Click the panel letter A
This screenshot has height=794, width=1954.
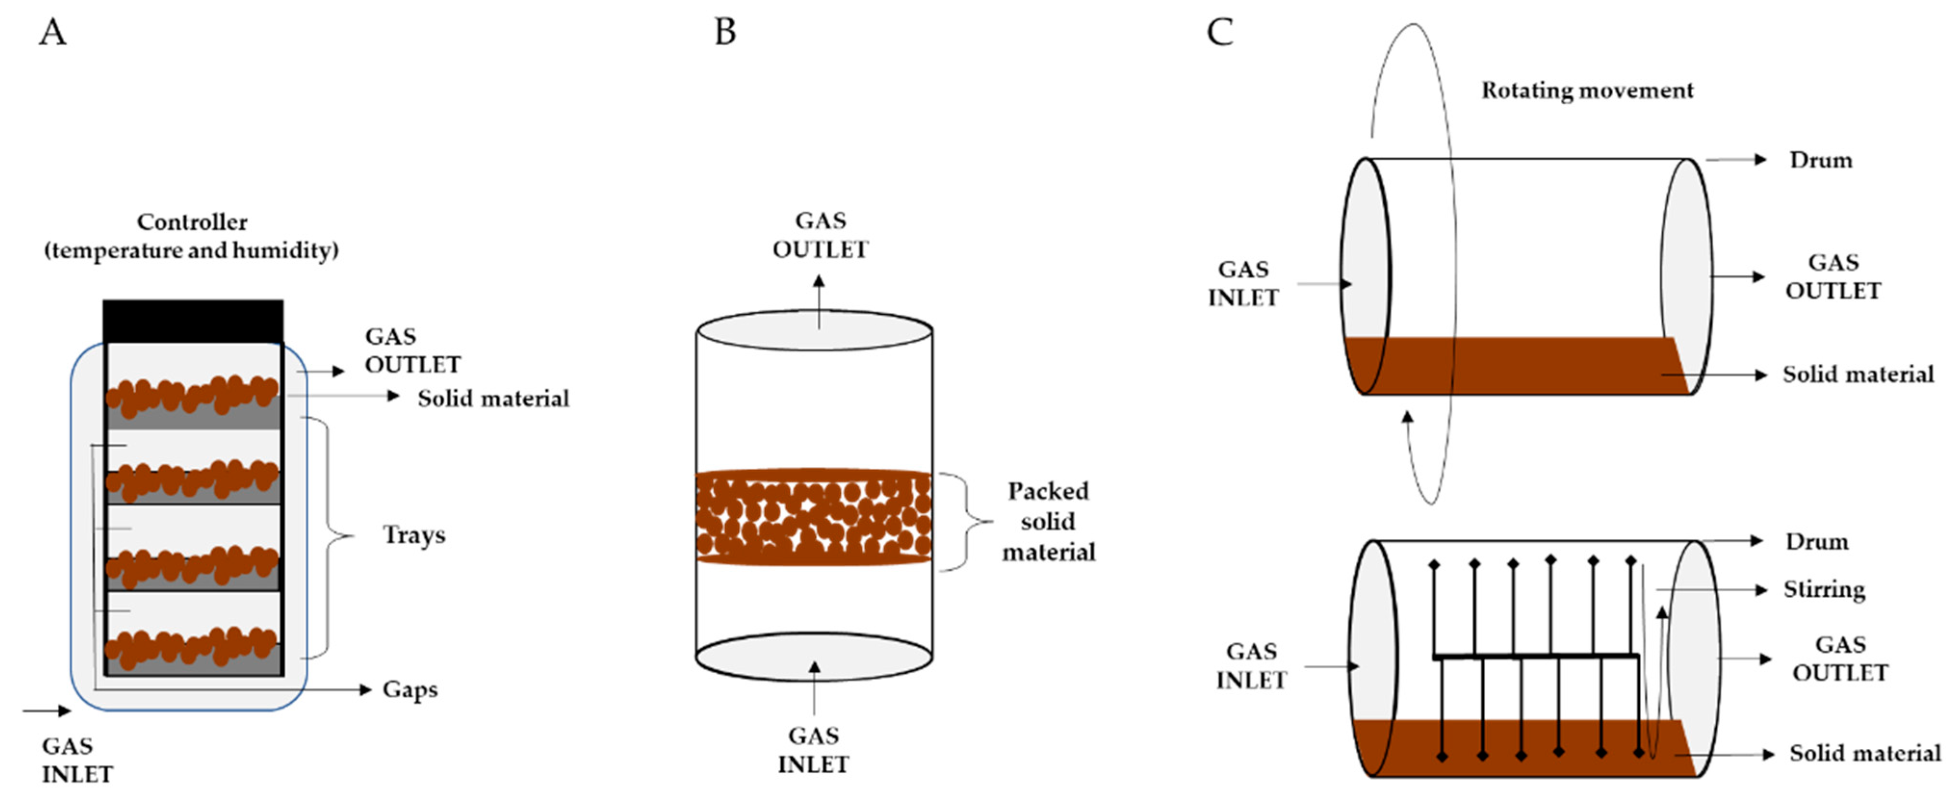[52, 33]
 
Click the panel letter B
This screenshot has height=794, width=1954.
[725, 33]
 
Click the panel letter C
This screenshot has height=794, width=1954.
[1220, 33]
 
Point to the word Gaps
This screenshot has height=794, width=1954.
[410, 690]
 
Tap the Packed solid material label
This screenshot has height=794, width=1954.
[1048, 522]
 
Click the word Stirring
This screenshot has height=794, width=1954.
[1824, 589]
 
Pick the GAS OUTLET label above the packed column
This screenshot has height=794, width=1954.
[820, 235]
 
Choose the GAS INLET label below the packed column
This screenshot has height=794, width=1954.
[813, 750]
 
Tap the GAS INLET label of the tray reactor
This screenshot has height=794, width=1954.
[77, 760]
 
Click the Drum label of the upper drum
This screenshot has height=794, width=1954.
[1821, 160]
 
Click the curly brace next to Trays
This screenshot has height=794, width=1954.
[334, 536]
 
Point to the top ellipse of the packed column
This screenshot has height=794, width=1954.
[814, 331]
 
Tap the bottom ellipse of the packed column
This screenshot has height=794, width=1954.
[814, 657]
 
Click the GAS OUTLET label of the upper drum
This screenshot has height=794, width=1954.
[1833, 277]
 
